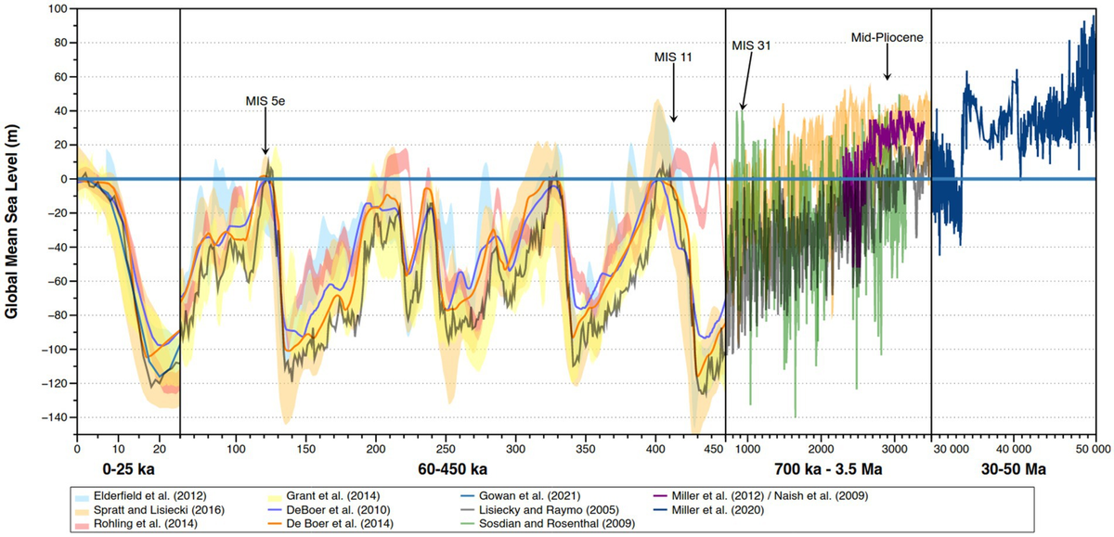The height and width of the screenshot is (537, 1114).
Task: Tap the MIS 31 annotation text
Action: pyautogui.click(x=751, y=44)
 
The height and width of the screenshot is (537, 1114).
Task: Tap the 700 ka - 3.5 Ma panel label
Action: pyautogui.click(x=828, y=470)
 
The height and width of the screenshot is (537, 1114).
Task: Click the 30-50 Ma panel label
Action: pyautogui.click(x=1014, y=470)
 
